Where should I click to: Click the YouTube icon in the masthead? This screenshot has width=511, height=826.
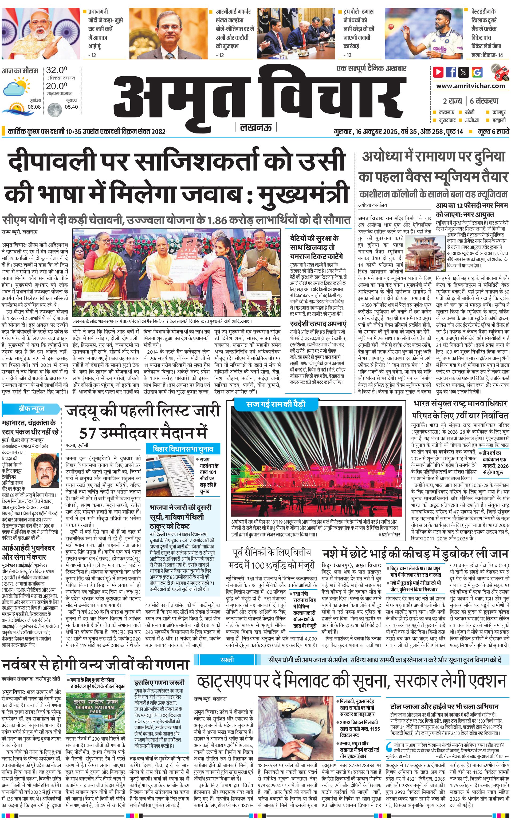pos(438,72)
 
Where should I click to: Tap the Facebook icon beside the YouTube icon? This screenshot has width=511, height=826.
pos(451,72)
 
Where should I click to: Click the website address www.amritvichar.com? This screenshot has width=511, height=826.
pos(470,86)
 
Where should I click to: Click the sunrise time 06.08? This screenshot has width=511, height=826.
pos(34,107)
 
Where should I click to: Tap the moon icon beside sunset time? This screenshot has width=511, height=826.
pos(54,110)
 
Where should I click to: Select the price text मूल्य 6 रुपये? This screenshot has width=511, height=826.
pos(493,131)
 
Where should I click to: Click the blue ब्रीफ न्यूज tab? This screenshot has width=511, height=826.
pos(32,409)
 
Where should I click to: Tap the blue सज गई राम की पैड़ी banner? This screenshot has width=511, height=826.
pos(276,404)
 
